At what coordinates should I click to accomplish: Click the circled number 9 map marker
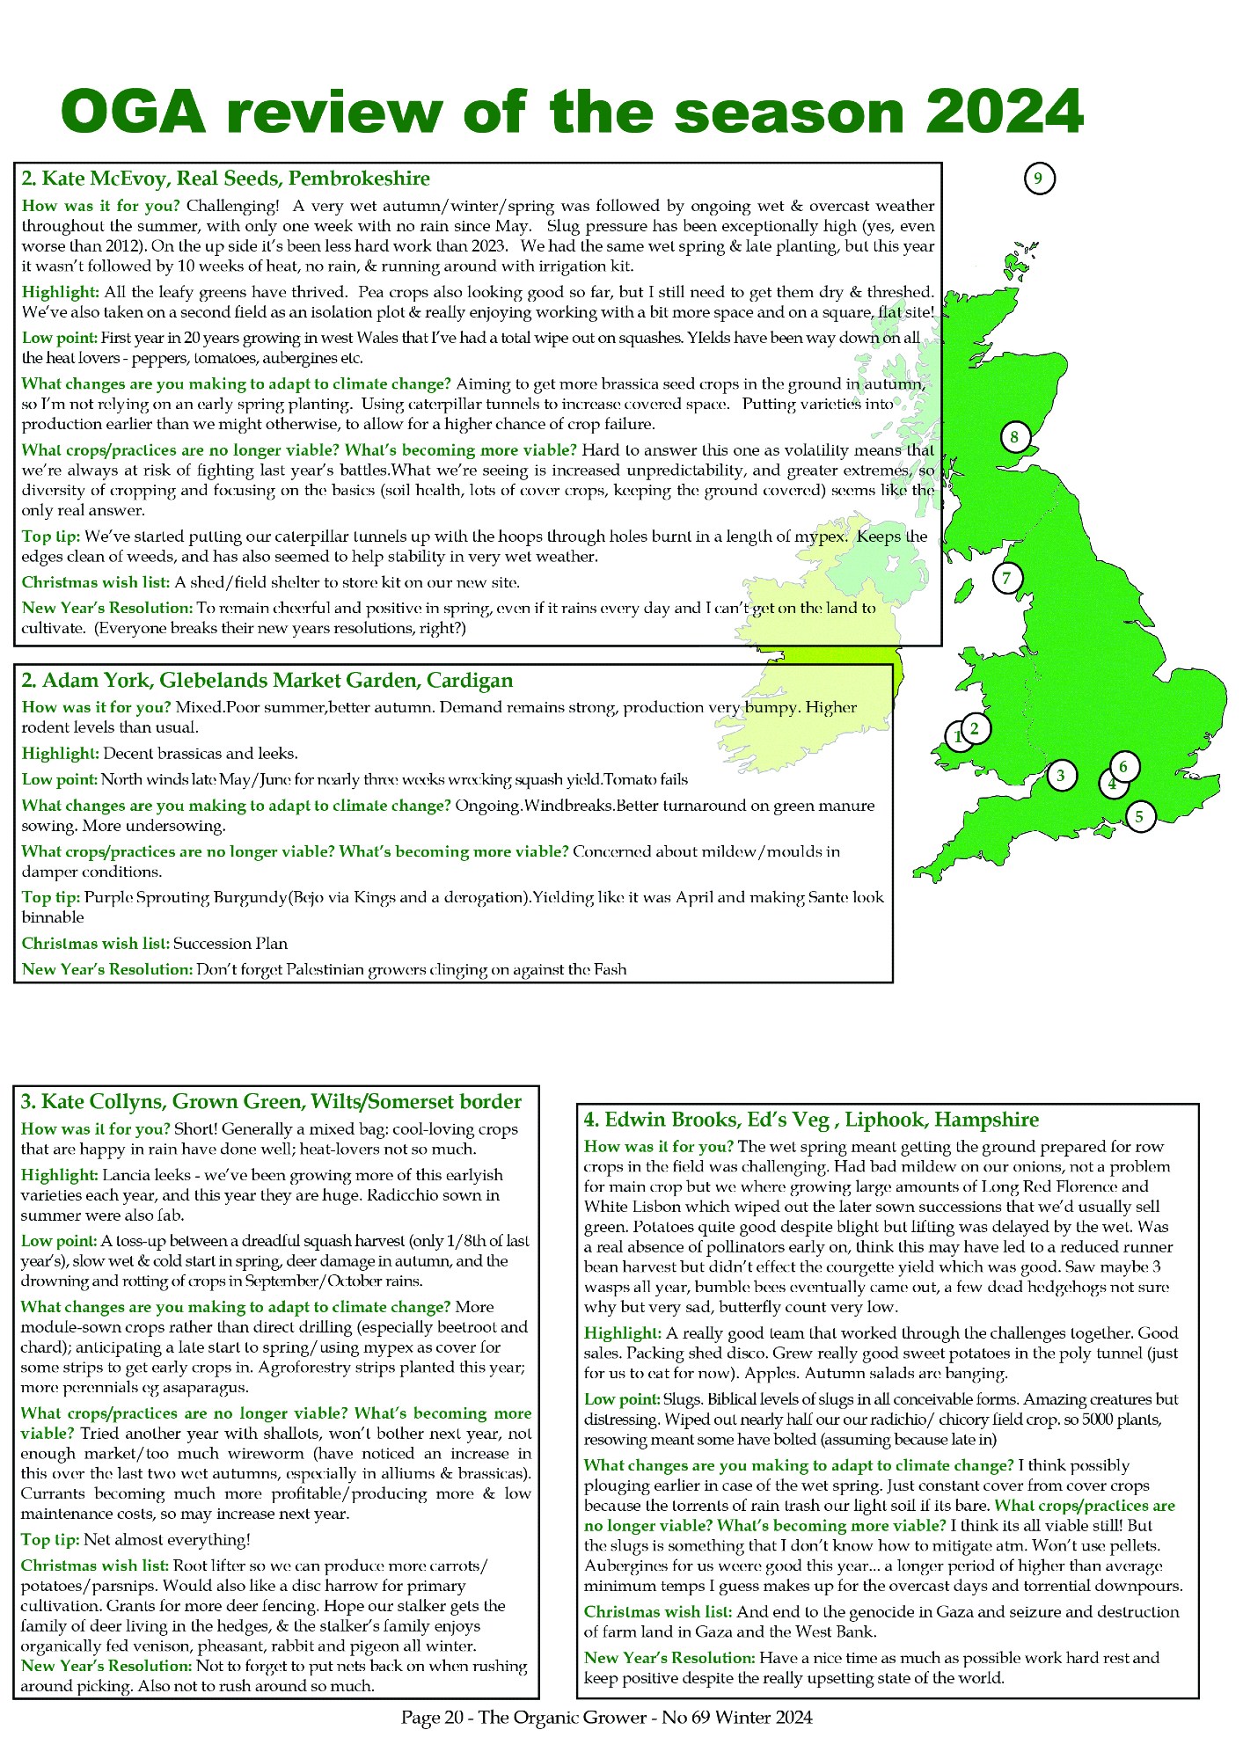click(1039, 179)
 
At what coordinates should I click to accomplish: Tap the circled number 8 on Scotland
click(1014, 436)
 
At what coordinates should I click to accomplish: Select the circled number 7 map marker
click(1007, 578)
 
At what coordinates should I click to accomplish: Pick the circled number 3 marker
click(1061, 775)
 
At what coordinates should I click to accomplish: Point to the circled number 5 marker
click(1139, 817)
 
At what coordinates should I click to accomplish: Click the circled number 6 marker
click(1123, 767)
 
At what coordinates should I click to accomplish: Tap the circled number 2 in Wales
click(975, 728)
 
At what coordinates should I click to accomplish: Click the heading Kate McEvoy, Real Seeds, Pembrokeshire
click(225, 179)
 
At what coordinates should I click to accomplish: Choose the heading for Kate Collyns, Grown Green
click(271, 1101)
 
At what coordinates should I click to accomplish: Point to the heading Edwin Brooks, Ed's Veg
click(811, 1119)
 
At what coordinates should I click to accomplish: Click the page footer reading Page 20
click(606, 1717)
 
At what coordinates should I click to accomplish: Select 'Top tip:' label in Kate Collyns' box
click(50, 1539)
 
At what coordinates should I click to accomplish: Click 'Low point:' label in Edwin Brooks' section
click(621, 1398)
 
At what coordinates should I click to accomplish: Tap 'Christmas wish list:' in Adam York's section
click(95, 943)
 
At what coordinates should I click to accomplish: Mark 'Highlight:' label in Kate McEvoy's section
click(60, 292)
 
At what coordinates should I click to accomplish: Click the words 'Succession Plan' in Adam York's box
click(230, 943)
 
